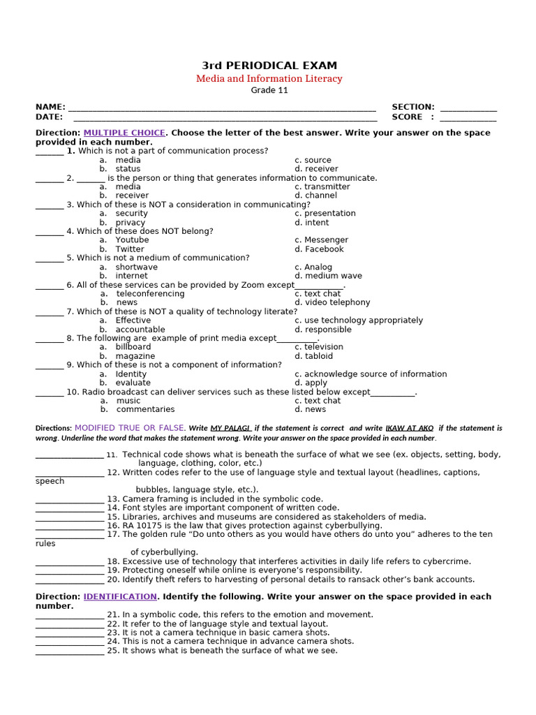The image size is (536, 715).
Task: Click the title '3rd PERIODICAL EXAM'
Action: pyautogui.click(x=269, y=66)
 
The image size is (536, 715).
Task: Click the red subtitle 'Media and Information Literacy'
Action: pyautogui.click(x=269, y=79)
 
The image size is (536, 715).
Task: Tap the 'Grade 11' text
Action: pyautogui.click(x=269, y=90)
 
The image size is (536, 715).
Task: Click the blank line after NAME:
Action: pyautogui.click(x=222, y=109)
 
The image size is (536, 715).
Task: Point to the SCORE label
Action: pyautogui.click(x=407, y=117)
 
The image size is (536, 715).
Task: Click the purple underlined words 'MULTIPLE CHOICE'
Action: pyautogui.click(x=124, y=133)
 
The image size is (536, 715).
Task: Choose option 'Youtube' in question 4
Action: pyautogui.click(x=132, y=240)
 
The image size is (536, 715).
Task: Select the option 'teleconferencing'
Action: pyautogui.click(x=150, y=294)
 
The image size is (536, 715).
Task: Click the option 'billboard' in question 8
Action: pyautogui.click(x=133, y=347)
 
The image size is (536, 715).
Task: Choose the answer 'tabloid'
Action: pyautogui.click(x=319, y=356)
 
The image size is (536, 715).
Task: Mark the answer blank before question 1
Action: pyautogui.click(x=49, y=152)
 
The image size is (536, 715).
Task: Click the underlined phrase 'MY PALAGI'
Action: pyautogui.click(x=231, y=428)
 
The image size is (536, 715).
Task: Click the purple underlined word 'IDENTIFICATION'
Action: pyautogui.click(x=120, y=597)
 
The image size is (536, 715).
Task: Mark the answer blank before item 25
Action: pyautogui.click(x=69, y=652)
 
